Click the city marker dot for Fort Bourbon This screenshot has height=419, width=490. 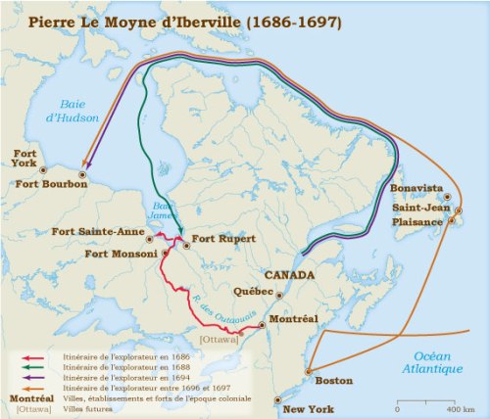pyautogui.click(x=83, y=174)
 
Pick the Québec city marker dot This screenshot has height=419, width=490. pyautogui.click(x=279, y=294)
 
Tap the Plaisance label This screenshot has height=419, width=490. pyautogui.click(x=417, y=221)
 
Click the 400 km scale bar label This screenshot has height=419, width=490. pyautogui.click(x=451, y=407)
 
